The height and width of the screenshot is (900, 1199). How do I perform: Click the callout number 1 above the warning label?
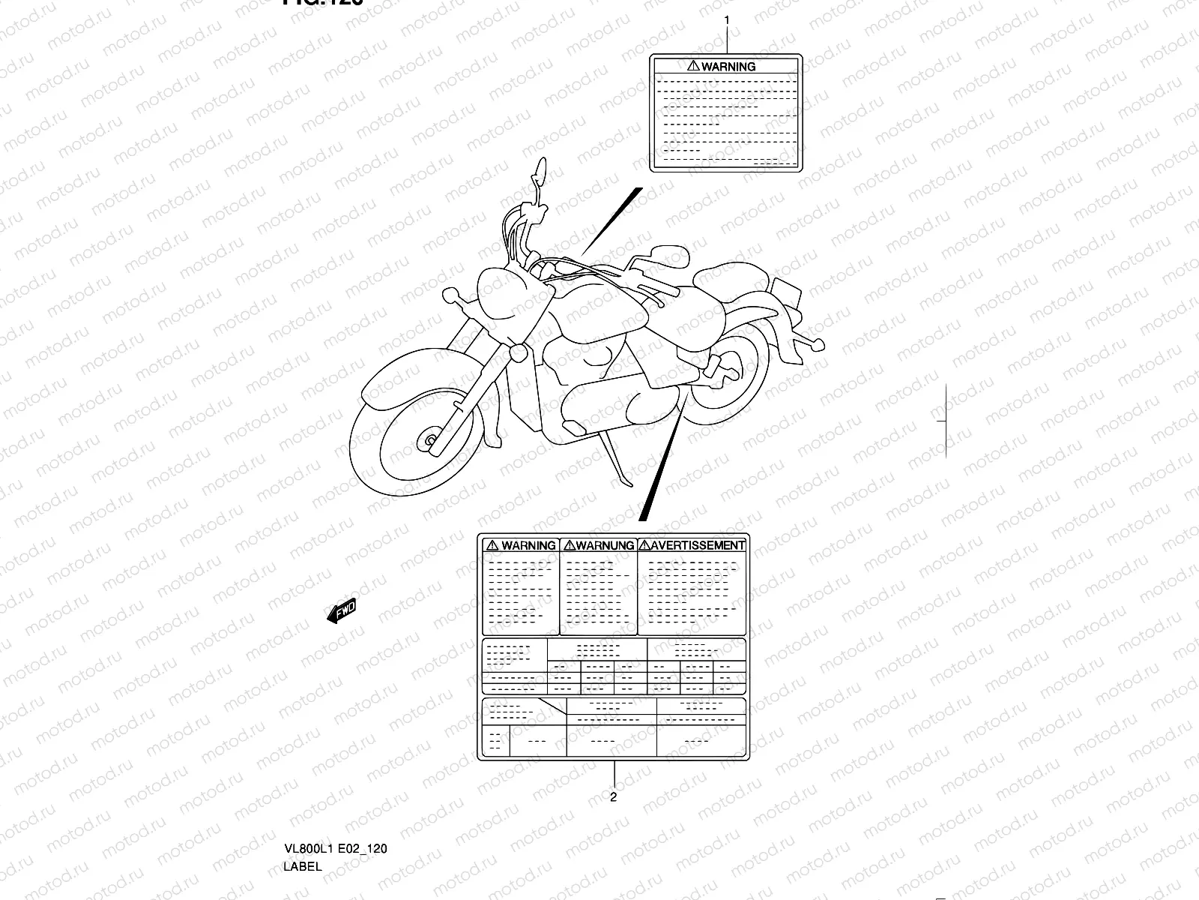click(725, 20)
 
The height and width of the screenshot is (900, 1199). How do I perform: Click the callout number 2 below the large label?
click(613, 797)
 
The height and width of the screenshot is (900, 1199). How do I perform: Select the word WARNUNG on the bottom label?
click(605, 546)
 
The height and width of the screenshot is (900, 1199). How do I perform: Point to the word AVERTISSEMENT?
click(698, 545)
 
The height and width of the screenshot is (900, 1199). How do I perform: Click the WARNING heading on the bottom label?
click(528, 546)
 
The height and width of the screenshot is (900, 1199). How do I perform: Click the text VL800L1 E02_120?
click(335, 849)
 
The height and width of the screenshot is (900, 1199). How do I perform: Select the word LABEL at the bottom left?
click(303, 866)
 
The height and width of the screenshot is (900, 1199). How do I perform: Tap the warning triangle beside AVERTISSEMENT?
click(644, 545)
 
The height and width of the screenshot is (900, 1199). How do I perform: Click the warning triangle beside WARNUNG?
click(569, 546)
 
